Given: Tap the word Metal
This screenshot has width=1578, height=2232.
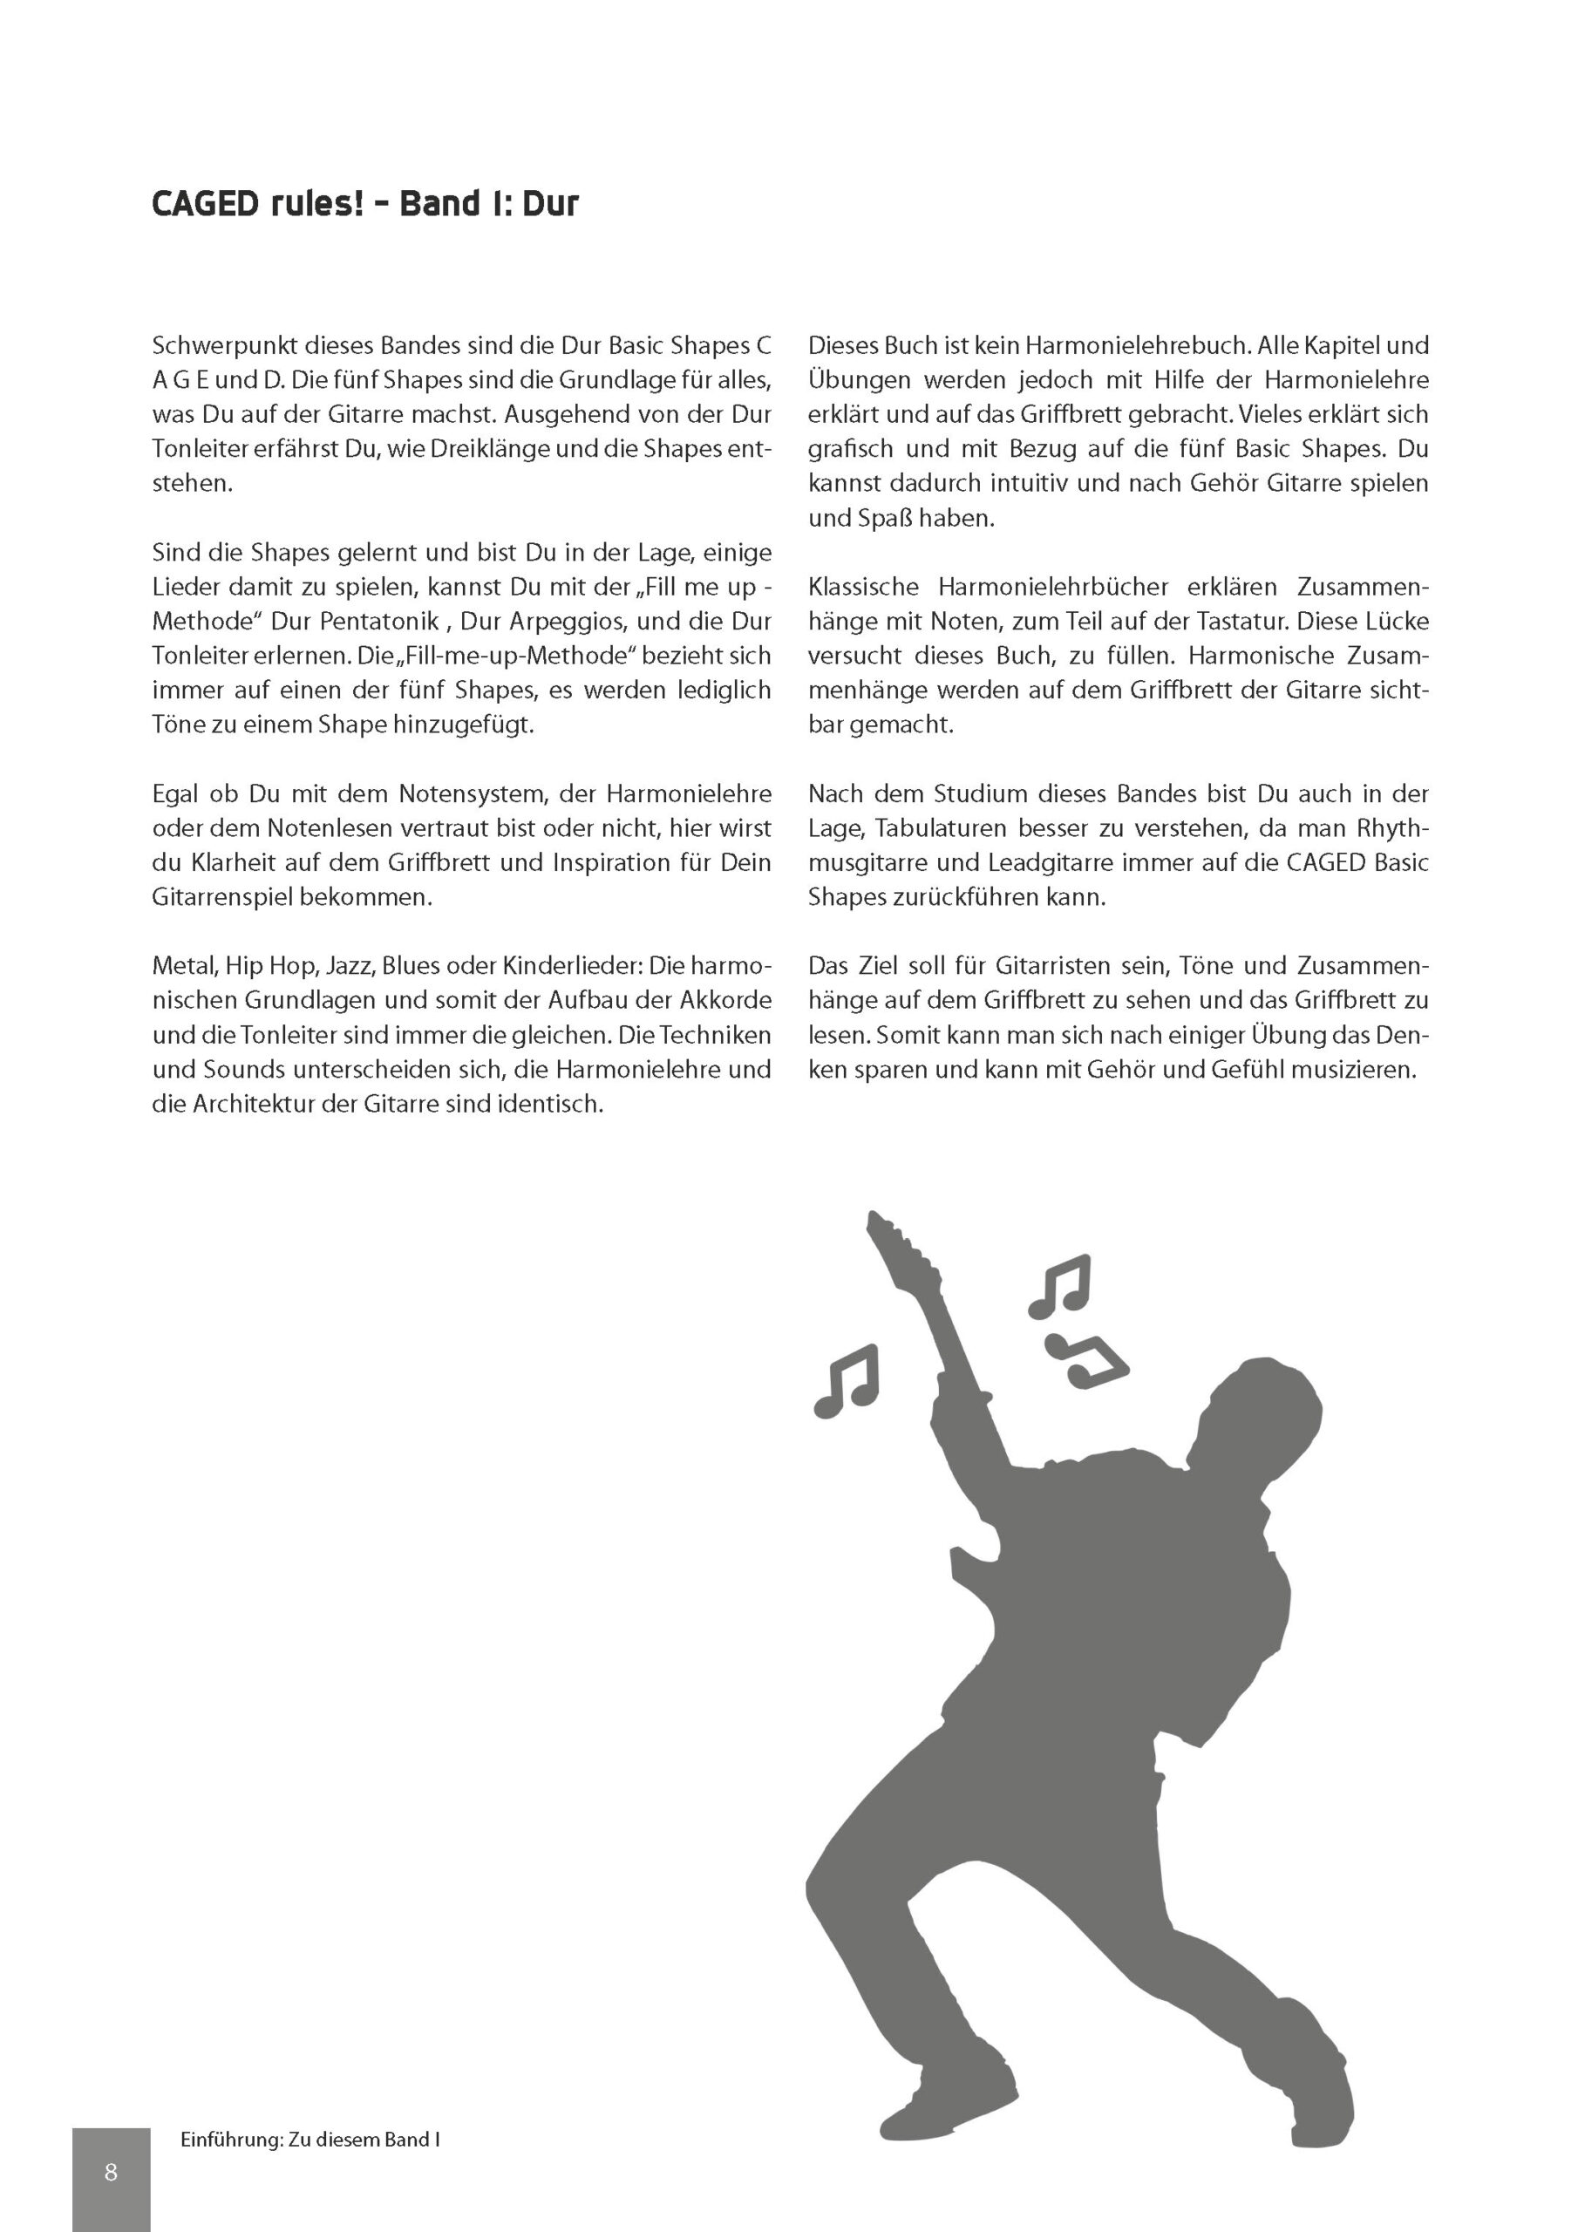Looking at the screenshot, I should click(x=185, y=966).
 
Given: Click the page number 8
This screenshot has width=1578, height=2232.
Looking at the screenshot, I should click(x=111, y=2174).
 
